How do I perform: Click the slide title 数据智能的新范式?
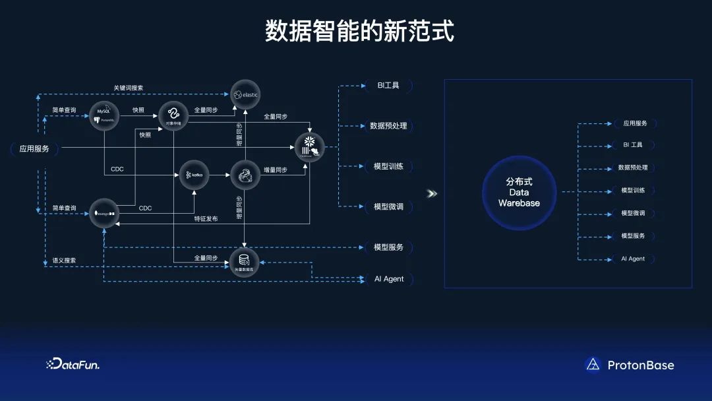359,31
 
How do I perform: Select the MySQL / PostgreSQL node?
105,114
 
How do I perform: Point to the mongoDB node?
104,213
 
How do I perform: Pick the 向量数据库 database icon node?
244,261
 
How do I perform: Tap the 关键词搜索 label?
128,88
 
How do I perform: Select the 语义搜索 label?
64,261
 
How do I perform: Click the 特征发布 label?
206,218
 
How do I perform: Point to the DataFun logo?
73,364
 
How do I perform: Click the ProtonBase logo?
629,365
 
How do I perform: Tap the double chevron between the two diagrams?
432,193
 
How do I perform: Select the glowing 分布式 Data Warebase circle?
519,192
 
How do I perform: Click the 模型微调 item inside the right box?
633,213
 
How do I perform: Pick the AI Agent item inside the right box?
633,259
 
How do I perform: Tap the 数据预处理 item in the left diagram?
388,126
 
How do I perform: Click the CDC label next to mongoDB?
145,208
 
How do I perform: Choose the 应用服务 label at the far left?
34,149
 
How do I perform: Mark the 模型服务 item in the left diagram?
388,247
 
